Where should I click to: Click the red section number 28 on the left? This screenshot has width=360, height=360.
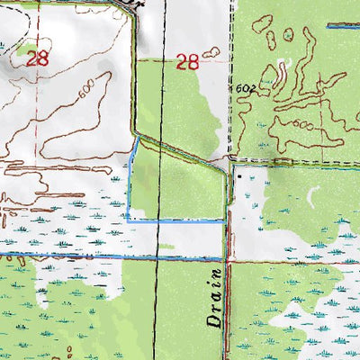37,59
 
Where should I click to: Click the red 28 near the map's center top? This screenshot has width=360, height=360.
186,62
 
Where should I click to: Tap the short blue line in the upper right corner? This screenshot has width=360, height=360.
342,27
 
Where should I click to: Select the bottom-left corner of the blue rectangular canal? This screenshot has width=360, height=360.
128,219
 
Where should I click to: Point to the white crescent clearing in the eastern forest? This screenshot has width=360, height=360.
313,194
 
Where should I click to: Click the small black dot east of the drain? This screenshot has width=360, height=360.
239,177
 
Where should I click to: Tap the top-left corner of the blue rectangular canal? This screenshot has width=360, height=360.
134,139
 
